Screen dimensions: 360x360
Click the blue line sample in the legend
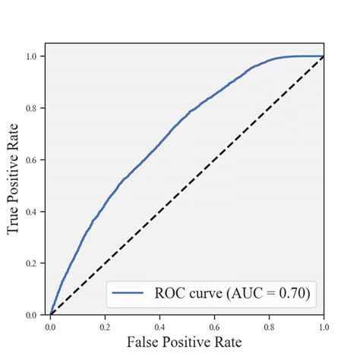[128, 291]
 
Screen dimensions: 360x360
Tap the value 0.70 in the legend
[291, 291]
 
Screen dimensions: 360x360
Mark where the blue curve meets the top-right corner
[324, 56]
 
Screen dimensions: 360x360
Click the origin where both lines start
[50, 314]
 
